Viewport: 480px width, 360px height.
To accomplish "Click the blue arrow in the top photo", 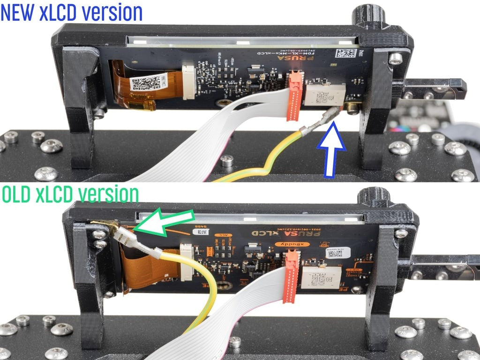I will coord(331,152).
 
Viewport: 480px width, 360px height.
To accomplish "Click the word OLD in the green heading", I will coord(18,194).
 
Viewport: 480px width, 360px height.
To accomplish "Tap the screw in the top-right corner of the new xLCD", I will coord(396,58).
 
